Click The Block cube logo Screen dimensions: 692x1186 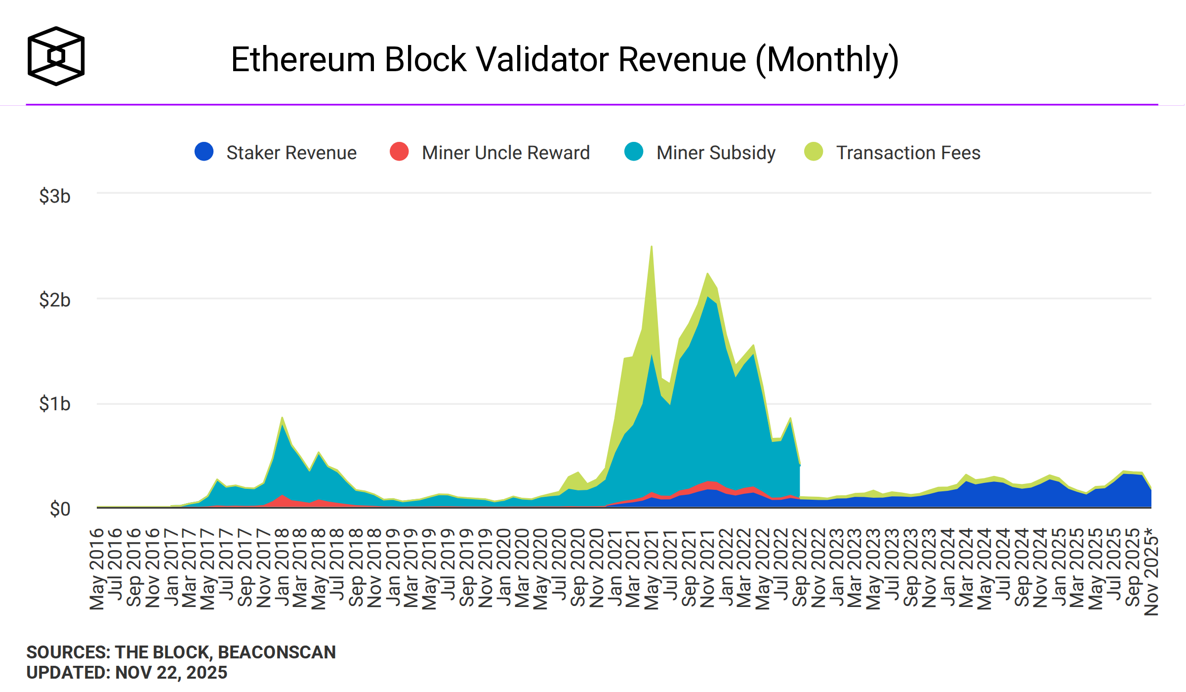[56, 56]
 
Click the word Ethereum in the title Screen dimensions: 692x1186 [303, 60]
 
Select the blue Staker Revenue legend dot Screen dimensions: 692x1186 [204, 151]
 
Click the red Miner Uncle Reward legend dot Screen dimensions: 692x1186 [399, 151]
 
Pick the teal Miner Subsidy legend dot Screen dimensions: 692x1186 [634, 151]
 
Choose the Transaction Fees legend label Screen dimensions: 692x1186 [908, 153]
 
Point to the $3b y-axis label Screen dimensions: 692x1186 [54, 196]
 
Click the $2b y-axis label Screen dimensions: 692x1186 [54, 300]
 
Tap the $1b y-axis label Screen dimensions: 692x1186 [54, 404]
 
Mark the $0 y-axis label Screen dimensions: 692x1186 [60, 509]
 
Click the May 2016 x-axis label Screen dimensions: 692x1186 [97, 568]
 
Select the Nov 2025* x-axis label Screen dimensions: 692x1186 [1151, 571]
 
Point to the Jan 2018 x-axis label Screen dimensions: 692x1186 [282, 568]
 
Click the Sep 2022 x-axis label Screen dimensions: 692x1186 [800, 568]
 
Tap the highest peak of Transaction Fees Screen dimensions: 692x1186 [652, 247]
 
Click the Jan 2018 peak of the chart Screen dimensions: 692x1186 [282, 418]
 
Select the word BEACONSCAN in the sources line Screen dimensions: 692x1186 [277, 652]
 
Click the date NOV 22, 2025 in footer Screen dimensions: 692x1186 [171, 673]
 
